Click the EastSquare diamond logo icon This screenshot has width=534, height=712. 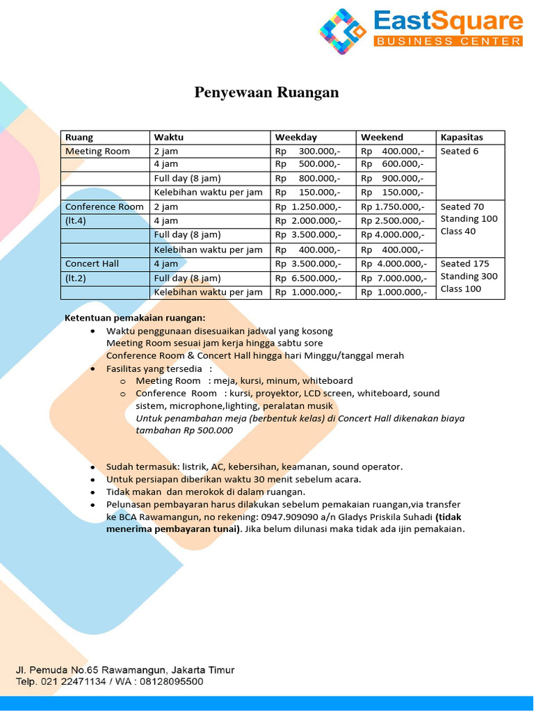point(342,32)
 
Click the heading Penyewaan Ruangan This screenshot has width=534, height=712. point(266,92)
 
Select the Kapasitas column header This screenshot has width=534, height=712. point(462,138)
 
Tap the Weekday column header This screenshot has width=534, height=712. point(296,138)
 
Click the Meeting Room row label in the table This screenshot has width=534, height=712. point(97,152)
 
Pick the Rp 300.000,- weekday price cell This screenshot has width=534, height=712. point(308,152)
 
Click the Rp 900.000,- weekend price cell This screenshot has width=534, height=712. point(393,179)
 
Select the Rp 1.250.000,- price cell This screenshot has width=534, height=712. point(308,207)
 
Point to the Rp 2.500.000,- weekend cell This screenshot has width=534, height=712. point(393,221)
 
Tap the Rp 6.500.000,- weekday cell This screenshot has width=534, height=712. point(308,278)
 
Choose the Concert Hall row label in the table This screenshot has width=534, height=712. point(92,264)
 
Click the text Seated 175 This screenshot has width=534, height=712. point(465,264)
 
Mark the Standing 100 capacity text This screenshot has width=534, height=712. point(469,219)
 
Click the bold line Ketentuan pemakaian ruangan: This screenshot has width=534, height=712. point(136,318)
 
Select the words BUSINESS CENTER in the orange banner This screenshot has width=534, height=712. point(448,42)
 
